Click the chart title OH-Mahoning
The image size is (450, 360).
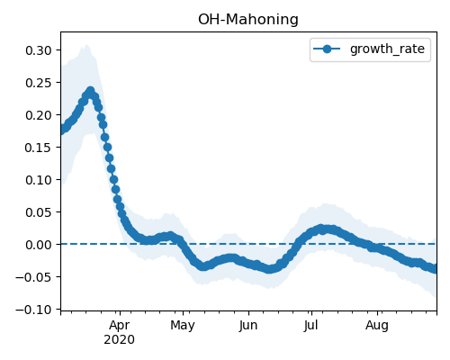coord(248,20)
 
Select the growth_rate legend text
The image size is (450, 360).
coord(387,49)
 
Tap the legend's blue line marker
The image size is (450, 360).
coord(327,49)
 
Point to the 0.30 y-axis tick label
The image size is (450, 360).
coord(39,50)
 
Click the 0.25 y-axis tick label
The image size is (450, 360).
coord(39,83)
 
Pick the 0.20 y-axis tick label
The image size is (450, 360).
coord(39,115)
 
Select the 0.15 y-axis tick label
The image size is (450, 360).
coord(39,148)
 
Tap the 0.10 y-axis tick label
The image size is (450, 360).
coord(39,180)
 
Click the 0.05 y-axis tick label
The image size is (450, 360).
coord(39,212)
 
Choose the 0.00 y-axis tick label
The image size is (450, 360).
coord(39,245)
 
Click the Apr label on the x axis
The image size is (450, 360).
coord(120,326)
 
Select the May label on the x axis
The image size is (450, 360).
coord(183,326)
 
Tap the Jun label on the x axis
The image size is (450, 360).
coord(248,326)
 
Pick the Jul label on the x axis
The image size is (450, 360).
coord(310,326)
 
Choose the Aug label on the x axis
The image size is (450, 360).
coord(377,326)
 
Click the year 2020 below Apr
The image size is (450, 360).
coord(120,340)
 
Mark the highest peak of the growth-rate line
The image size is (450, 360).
coord(90,91)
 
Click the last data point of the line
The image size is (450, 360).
coord(434,269)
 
